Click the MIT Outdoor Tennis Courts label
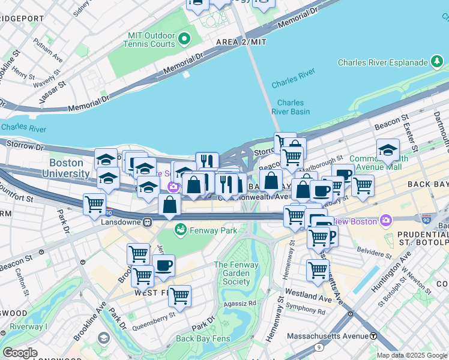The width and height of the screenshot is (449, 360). (x=150, y=40)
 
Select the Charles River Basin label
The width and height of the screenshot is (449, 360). (x=291, y=107)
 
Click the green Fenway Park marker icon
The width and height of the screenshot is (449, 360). (x=180, y=229)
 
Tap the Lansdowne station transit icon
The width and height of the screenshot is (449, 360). (x=147, y=222)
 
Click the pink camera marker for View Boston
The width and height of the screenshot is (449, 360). (x=385, y=221)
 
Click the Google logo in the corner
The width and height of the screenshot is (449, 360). (x=20, y=352)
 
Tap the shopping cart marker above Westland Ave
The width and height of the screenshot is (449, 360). (x=318, y=269)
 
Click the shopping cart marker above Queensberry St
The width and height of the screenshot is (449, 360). (x=179, y=296)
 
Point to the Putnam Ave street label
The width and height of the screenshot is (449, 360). (x=48, y=51)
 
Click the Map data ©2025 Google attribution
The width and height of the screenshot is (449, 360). (x=412, y=355)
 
